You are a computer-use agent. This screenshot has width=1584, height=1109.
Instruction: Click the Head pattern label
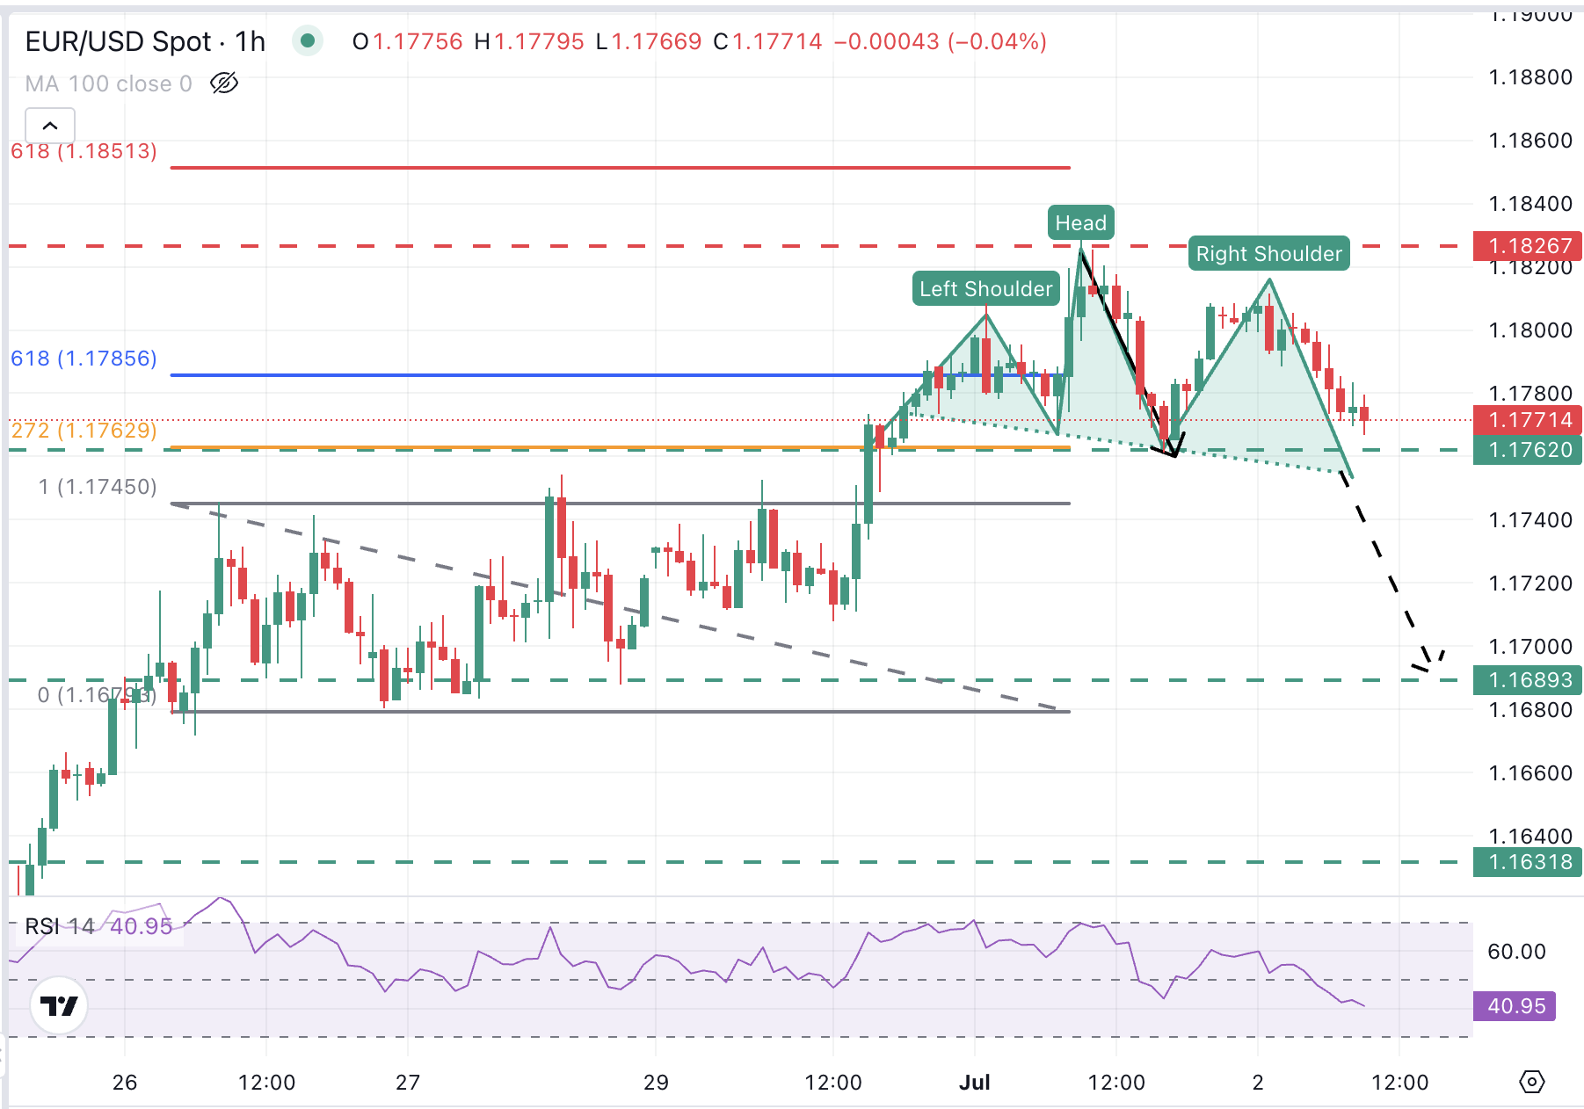(x=1080, y=223)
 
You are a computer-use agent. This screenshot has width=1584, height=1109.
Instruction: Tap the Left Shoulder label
(x=985, y=289)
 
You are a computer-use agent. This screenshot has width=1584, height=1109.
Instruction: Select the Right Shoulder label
(x=1268, y=254)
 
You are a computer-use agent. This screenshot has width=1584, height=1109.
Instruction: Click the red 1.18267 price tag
(x=1528, y=246)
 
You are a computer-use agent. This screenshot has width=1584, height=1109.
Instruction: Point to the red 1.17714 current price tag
(x=1528, y=420)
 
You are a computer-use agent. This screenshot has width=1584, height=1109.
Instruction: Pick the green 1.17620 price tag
(x=1528, y=450)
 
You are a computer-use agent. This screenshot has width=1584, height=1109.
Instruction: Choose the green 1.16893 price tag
(x=1528, y=680)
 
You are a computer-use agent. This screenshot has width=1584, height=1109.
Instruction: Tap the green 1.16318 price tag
(x=1528, y=862)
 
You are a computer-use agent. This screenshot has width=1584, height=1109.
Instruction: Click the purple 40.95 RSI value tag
(x=1515, y=1006)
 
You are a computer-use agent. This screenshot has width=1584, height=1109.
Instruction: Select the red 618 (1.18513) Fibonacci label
(x=84, y=151)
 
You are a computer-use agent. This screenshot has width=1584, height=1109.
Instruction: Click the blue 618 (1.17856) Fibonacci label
(x=84, y=359)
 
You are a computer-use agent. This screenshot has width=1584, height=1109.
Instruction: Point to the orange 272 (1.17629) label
(x=84, y=431)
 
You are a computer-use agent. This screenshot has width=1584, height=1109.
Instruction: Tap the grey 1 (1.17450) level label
(x=98, y=487)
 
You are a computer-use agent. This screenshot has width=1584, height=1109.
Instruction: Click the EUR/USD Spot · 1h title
(x=145, y=41)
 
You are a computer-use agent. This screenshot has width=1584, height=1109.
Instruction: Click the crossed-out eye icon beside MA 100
(x=224, y=83)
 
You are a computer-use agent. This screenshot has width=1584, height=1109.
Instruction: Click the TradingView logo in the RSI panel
(x=60, y=1005)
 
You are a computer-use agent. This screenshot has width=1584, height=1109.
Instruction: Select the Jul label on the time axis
(x=974, y=1082)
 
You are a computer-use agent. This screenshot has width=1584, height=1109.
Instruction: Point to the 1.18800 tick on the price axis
(x=1530, y=77)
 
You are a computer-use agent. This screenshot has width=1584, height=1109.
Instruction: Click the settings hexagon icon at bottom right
(x=1531, y=1082)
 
